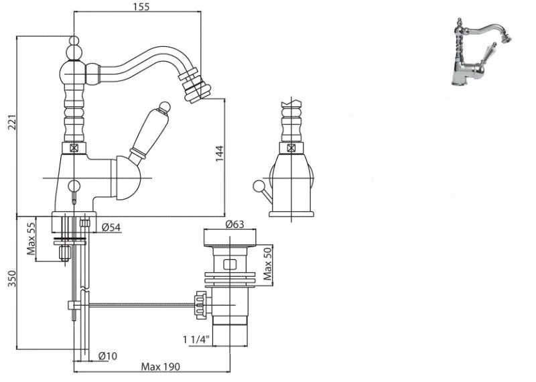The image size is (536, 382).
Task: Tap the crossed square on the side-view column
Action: click(x=74, y=149)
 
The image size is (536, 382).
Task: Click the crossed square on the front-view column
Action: click(x=291, y=149)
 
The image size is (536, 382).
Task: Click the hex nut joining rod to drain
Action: click(x=198, y=305)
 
